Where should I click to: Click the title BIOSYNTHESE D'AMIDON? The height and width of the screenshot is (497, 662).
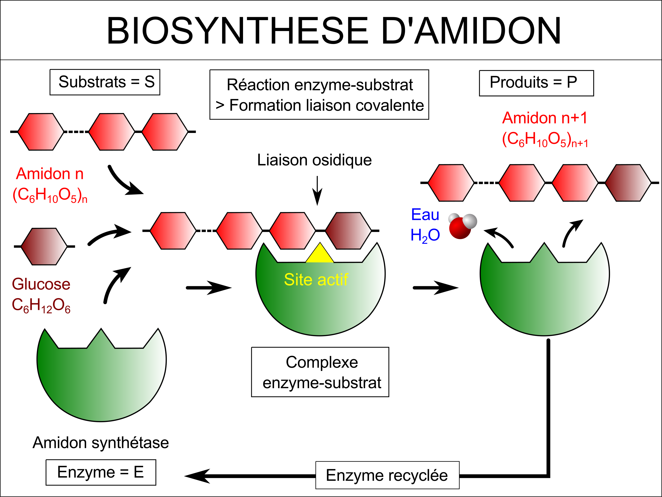(x=333, y=31)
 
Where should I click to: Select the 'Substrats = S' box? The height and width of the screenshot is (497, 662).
(x=105, y=82)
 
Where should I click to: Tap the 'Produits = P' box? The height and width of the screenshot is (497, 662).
(x=536, y=83)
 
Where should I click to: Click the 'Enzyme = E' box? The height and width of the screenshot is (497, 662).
(x=101, y=472)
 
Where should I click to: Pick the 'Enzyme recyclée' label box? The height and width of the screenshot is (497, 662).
(x=387, y=475)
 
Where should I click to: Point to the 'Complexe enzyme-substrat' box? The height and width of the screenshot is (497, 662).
(x=320, y=372)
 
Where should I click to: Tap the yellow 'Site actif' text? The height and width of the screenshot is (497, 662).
(x=316, y=280)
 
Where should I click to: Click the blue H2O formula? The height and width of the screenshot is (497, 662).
(x=425, y=235)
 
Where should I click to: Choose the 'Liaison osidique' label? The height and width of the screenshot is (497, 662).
(x=314, y=160)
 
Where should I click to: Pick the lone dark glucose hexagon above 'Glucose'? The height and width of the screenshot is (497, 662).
(x=44, y=246)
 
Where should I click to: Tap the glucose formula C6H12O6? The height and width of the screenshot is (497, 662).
(x=41, y=305)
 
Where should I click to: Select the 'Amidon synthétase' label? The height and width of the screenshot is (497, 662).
(x=101, y=442)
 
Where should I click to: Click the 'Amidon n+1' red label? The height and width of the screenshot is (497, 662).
(x=545, y=118)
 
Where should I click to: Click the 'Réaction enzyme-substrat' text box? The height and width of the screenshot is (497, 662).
(x=319, y=94)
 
